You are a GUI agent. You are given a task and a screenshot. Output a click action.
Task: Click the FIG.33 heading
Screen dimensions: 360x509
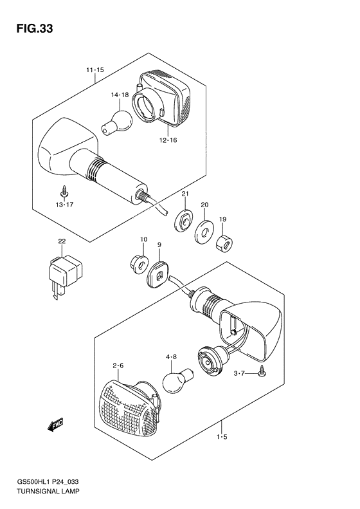34,29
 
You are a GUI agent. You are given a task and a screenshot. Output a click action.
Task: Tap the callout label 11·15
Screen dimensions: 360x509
95,69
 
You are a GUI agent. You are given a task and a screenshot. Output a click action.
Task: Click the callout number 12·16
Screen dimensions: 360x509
168,140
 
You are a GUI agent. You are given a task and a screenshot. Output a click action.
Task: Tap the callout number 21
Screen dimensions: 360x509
185,194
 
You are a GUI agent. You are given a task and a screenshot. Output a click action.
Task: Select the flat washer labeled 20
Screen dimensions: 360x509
204,232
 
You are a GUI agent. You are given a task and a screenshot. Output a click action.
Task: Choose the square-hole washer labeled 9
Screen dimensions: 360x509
158,275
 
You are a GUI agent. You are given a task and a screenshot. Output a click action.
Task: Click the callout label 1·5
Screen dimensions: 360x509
222,437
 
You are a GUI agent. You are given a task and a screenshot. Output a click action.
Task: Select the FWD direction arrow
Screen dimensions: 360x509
55,425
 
